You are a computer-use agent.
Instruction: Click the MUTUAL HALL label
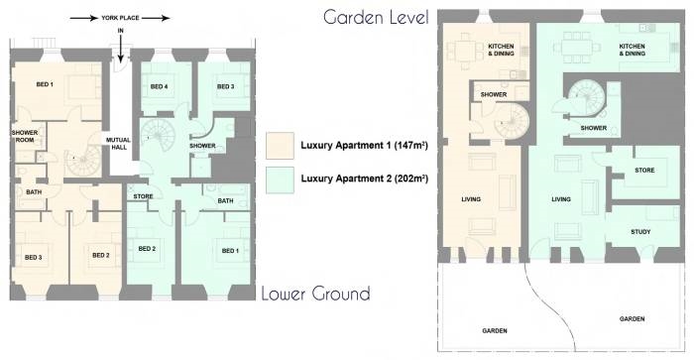pos(118,144)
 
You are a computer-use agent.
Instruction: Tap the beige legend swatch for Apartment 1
pos(280,146)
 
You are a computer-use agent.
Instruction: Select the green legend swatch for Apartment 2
pos(280,180)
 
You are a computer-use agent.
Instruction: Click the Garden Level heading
pos(376,18)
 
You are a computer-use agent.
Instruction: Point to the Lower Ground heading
pos(315,294)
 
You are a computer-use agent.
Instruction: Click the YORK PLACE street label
pos(120,18)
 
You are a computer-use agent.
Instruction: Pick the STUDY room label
pos(640,232)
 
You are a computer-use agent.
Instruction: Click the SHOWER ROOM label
pos(25,136)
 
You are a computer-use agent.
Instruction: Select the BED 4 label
pos(159,87)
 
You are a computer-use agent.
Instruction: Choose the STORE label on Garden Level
pos(644,170)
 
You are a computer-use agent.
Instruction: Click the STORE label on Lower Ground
pos(143,196)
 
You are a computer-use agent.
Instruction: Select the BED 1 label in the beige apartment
pos(45,84)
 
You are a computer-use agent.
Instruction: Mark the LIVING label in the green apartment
pos(561,199)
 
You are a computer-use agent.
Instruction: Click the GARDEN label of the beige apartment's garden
pos(495,331)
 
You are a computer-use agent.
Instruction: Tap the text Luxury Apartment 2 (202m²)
pos(364,179)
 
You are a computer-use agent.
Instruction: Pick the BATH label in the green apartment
pos(225,201)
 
